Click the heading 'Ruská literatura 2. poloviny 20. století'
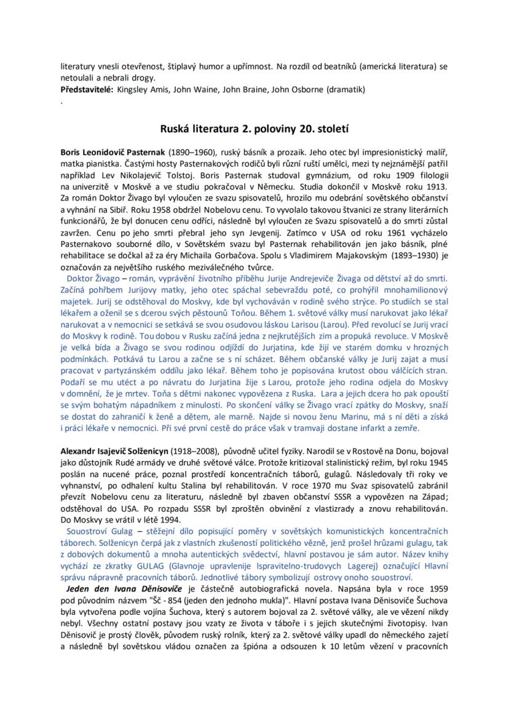[x=254, y=130]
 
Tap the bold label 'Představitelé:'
[x=86, y=90]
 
